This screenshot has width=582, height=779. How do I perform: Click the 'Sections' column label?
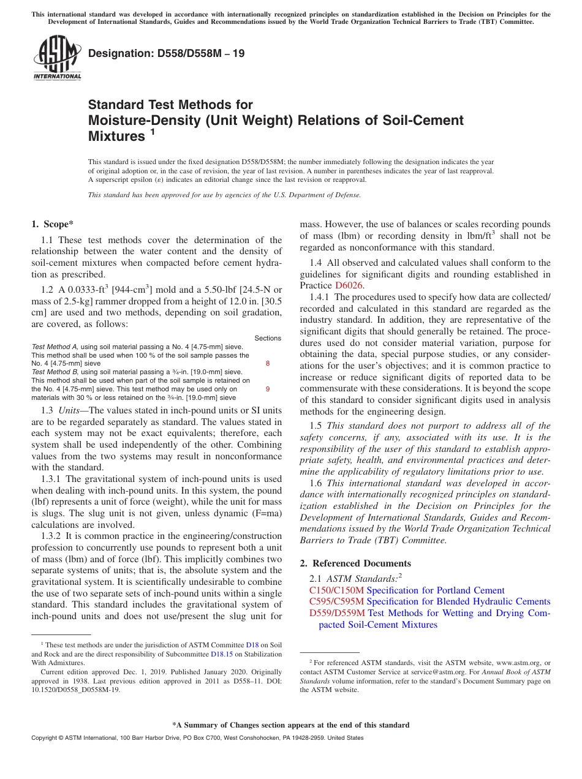click(268, 338)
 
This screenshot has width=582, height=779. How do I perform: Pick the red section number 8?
click(268, 363)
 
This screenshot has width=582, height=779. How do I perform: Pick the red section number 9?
click(268, 388)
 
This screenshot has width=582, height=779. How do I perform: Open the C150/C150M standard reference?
click(336, 590)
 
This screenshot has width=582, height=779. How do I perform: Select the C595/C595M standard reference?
click(336, 601)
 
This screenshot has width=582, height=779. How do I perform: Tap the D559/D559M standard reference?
click(337, 613)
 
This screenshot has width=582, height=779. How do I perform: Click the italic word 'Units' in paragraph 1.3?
click(70, 410)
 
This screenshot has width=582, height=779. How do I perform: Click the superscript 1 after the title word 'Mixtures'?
click(153, 132)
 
